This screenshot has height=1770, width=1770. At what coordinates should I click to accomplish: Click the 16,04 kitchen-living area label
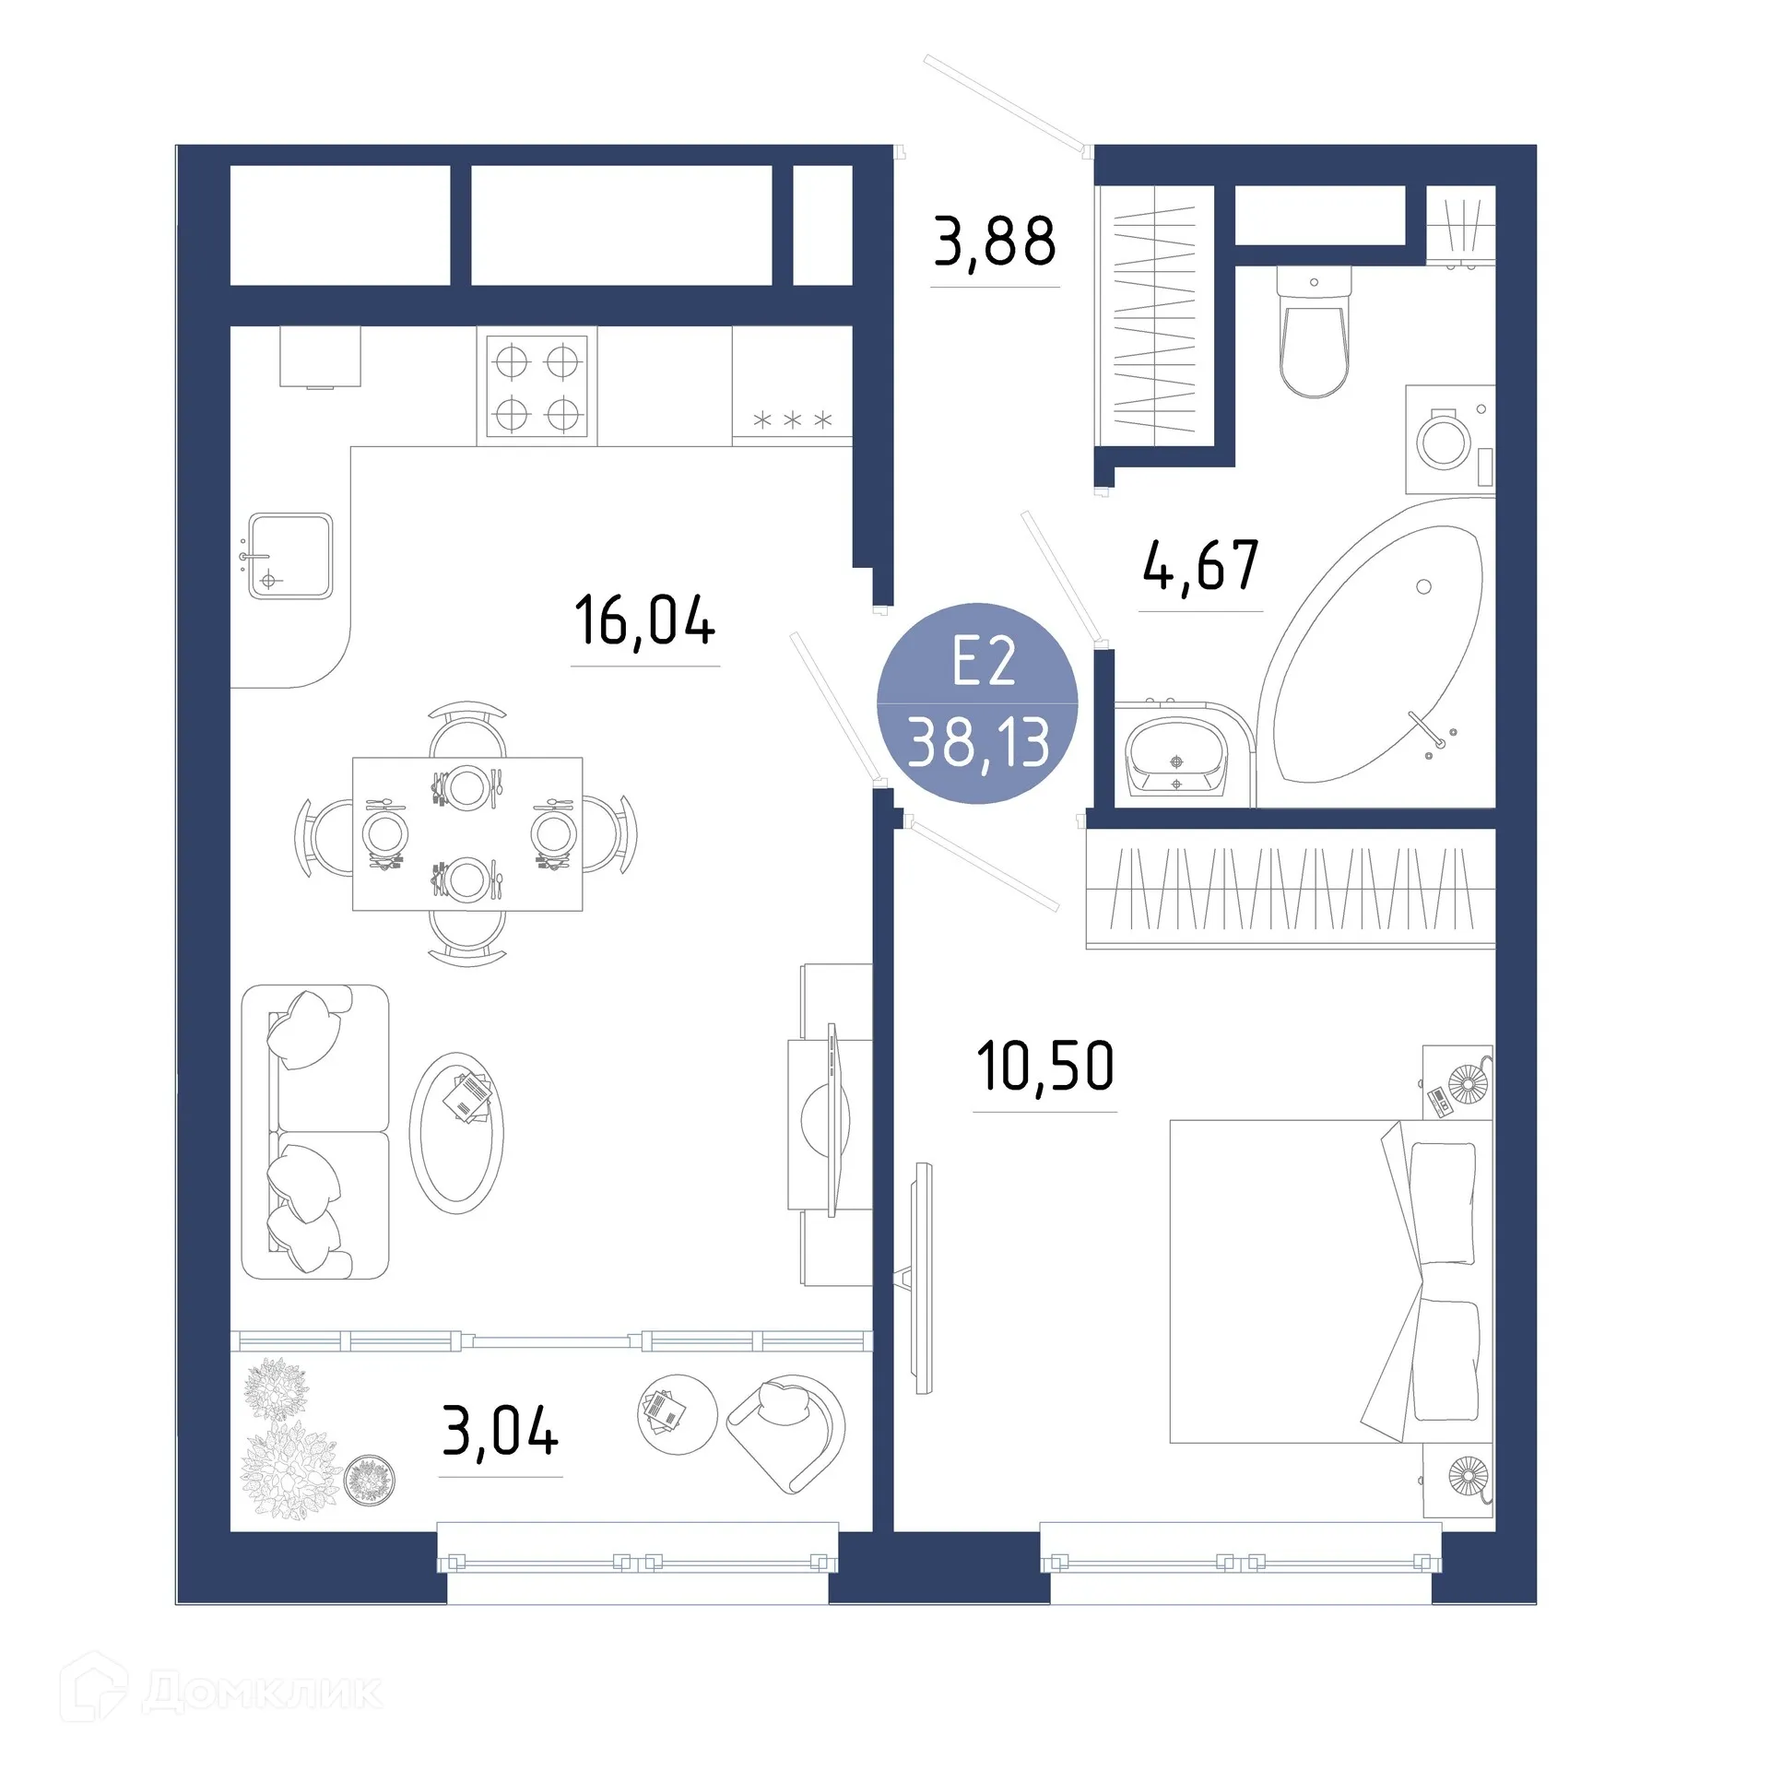(644, 620)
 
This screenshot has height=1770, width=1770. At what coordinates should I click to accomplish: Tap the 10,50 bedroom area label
(1044, 1067)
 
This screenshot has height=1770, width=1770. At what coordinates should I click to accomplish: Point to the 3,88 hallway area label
(995, 242)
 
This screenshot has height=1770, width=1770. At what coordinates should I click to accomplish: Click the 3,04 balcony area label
(501, 1432)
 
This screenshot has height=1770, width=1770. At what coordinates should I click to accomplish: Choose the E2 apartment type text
(984, 661)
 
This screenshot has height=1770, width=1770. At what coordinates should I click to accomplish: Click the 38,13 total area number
(978, 743)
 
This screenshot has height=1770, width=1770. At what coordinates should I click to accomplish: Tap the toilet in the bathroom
(1314, 334)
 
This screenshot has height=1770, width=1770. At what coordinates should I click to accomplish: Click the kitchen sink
(289, 556)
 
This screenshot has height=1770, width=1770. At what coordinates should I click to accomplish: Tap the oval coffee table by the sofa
(456, 1132)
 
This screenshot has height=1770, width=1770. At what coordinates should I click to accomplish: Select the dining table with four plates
(467, 834)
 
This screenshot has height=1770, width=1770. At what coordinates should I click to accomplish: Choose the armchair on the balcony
(788, 1432)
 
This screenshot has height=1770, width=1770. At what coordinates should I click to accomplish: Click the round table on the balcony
(678, 1414)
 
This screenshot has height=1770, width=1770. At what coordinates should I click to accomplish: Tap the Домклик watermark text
(262, 1692)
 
